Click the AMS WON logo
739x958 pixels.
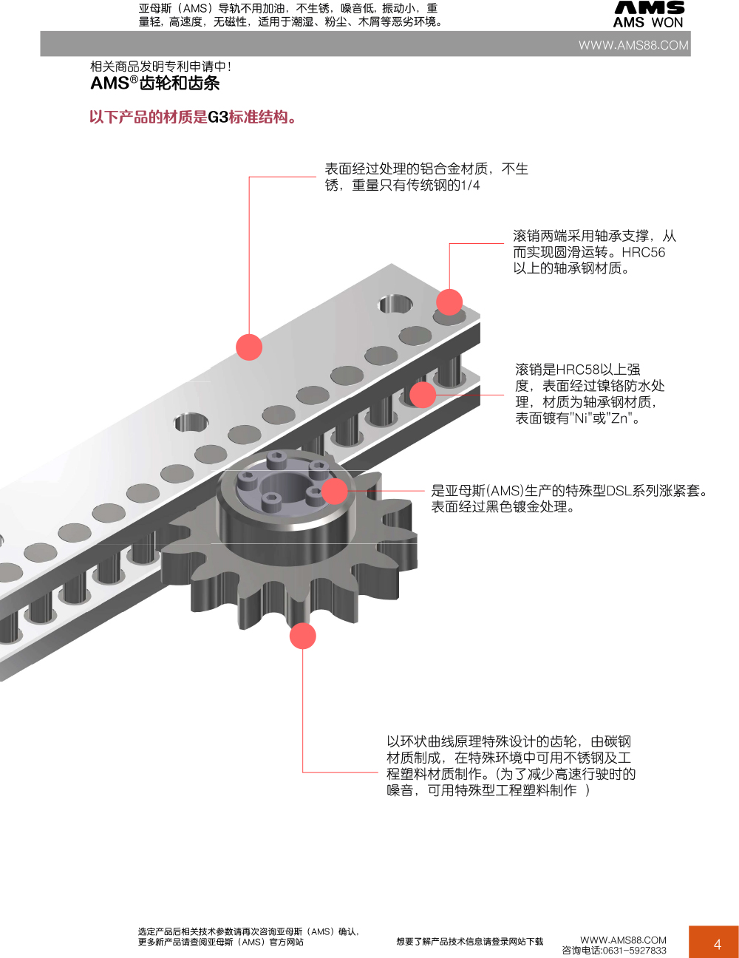[649, 15]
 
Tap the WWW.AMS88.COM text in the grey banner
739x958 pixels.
[633, 45]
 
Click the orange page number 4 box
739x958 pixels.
[714, 942]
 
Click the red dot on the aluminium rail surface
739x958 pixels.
[249, 347]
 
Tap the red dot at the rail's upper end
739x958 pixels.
[449, 302]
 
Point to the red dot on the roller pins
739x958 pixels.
[423, 395]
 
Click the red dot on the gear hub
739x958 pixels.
[335, 491]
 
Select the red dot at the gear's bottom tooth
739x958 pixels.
[303, 636]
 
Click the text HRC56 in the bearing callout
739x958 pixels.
[644, 252]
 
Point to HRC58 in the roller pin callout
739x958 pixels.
[578, 370]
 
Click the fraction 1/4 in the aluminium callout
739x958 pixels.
[470, 185]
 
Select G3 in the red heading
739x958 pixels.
[218, 118]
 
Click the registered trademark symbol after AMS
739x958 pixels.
[134, 79]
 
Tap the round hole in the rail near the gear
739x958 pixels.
[191, 423]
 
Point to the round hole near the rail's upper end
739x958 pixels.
[395, 304]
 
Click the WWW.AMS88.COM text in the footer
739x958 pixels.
[623, 940]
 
